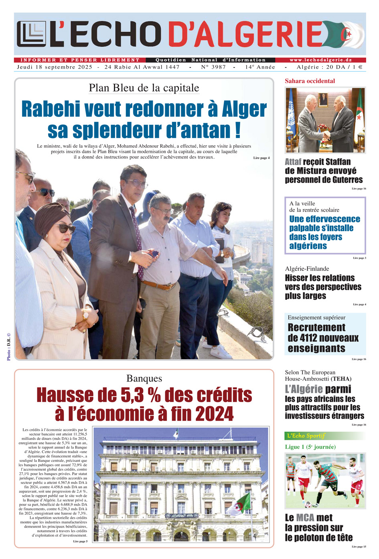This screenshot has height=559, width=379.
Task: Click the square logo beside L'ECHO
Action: coord(31,34)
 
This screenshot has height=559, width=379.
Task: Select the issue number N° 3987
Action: coord(213,67)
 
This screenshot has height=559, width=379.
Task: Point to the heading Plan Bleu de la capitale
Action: coord(144,88)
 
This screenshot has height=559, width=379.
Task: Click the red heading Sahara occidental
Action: coord(310,81)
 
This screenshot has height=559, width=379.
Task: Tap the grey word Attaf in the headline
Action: coord(293,162)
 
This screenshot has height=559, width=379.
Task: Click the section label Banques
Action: coord(144,378)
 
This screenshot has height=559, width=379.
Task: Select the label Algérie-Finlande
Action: coord(307,269)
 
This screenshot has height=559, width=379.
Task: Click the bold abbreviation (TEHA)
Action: coord(341,379)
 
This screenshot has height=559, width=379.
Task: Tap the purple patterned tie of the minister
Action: coord(136,241)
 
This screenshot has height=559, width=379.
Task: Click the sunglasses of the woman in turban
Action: coord(66,228)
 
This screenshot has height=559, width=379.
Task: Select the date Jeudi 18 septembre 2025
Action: coord(55,67)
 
